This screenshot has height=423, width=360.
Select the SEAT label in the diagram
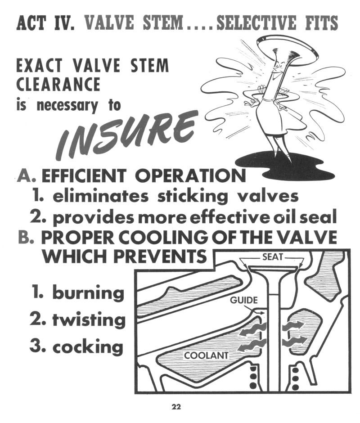pyautogui.click(x=273, y=256)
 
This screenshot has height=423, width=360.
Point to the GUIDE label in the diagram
pyautogui.click(x=244, y=300)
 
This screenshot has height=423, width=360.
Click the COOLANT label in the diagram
pyautogui.click(x=206, y=355)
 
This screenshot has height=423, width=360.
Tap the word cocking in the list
pyautogui.click(x=88, y=347)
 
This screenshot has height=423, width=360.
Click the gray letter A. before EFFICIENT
pyautogui.click(x=26, y=175)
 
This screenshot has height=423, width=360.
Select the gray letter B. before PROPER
pyautogui.click(x=26, y=237)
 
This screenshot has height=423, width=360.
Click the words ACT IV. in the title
pyautogui.click(x=45, y=23)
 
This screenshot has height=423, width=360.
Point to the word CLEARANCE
pyautogui.click(x=58, y=84)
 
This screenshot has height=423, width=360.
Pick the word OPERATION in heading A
pyautogui.click(x=190, y=175)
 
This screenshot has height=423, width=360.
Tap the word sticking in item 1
pyautogui.click(x=193, y=196)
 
